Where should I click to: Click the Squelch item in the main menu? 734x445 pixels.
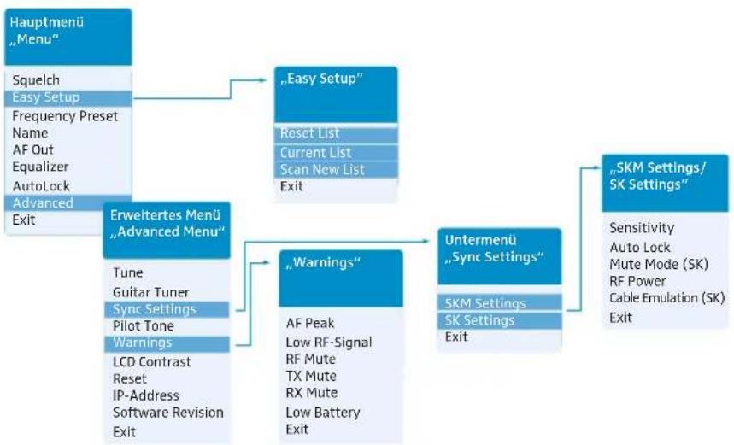pos(36,80)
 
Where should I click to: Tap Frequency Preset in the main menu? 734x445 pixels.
pos(65,116)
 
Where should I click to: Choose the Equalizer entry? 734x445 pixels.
pos(40,167)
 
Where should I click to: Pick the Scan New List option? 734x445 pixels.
pos(322,169)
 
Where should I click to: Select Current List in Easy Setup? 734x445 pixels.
pos(315,153)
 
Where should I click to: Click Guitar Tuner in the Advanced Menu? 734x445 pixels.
pos(150,292)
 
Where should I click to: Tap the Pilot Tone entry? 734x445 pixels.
pos(144,325)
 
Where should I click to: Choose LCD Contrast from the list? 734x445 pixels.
pos(151,361)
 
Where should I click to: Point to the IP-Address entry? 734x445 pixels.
pos(145,395)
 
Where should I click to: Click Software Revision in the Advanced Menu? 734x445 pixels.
pos(168,413)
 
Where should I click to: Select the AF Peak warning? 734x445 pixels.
pos(310,323)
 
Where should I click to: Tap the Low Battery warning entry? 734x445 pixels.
pos(323,413)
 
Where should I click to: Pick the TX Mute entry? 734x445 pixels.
pos(311,376)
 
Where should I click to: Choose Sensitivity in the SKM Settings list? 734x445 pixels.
pos(642,228)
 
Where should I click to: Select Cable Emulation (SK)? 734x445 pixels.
pos(667,298)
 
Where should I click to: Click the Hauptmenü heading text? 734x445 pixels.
pos(47,22)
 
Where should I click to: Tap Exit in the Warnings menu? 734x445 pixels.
pos(297,429)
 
